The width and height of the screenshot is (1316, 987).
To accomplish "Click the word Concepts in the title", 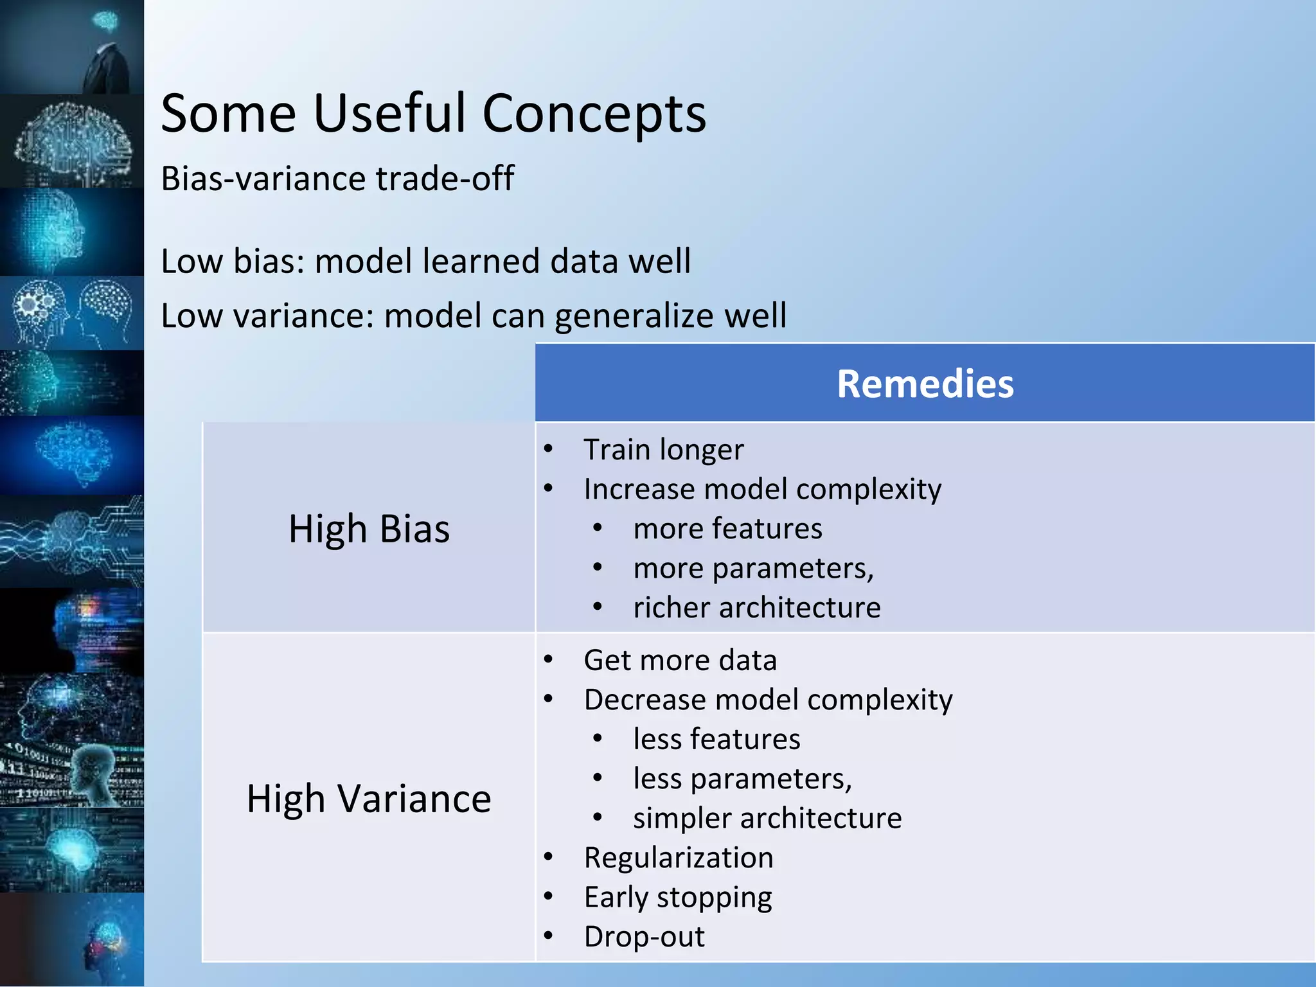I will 594,114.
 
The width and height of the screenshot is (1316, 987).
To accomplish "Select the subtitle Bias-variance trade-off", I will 337,179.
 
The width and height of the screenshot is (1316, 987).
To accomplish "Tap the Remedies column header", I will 925,384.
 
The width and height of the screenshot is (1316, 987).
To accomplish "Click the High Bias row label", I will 369,529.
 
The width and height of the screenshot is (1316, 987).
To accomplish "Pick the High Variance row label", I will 369,799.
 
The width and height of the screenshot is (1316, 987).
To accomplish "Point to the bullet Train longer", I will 663,449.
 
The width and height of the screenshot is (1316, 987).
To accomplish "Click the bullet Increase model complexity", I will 762,489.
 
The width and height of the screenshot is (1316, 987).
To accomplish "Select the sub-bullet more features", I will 727,529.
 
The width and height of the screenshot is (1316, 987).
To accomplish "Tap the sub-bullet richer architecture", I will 756,608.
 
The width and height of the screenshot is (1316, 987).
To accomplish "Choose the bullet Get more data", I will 680,661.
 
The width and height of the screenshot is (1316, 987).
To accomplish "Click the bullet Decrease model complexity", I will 768,700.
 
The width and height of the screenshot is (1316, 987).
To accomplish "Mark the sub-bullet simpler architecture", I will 767,818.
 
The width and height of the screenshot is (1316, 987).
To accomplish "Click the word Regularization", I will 679,858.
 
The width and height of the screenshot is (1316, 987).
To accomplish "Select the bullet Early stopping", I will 678,897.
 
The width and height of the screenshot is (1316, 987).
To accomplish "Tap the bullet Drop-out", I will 644,937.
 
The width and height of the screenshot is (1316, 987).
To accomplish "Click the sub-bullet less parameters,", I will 742,779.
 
